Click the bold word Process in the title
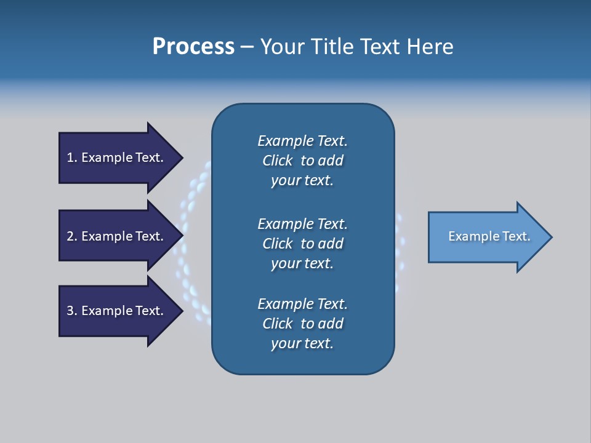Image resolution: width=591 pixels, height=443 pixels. tap(193, 47)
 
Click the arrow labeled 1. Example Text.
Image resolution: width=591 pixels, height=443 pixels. tap(117, 158)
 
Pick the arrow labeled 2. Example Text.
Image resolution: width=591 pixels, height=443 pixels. tap(117, 236)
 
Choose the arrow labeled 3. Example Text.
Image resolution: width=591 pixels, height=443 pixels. tap(117, 311)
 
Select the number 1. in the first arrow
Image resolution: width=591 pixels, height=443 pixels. tap(71, 158)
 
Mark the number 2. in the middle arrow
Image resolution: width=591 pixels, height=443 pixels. tap(71, 236)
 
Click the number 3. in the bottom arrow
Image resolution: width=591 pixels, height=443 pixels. tap(71, 311)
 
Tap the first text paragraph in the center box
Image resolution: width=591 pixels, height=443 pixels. tap(302, 161)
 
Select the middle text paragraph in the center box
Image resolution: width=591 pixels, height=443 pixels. tap(302, 243)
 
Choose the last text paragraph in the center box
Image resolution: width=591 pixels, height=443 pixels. tap(302, 324)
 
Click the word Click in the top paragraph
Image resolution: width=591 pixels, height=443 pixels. tap(277, 161)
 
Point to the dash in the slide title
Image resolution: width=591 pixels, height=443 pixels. tap(247, 47)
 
